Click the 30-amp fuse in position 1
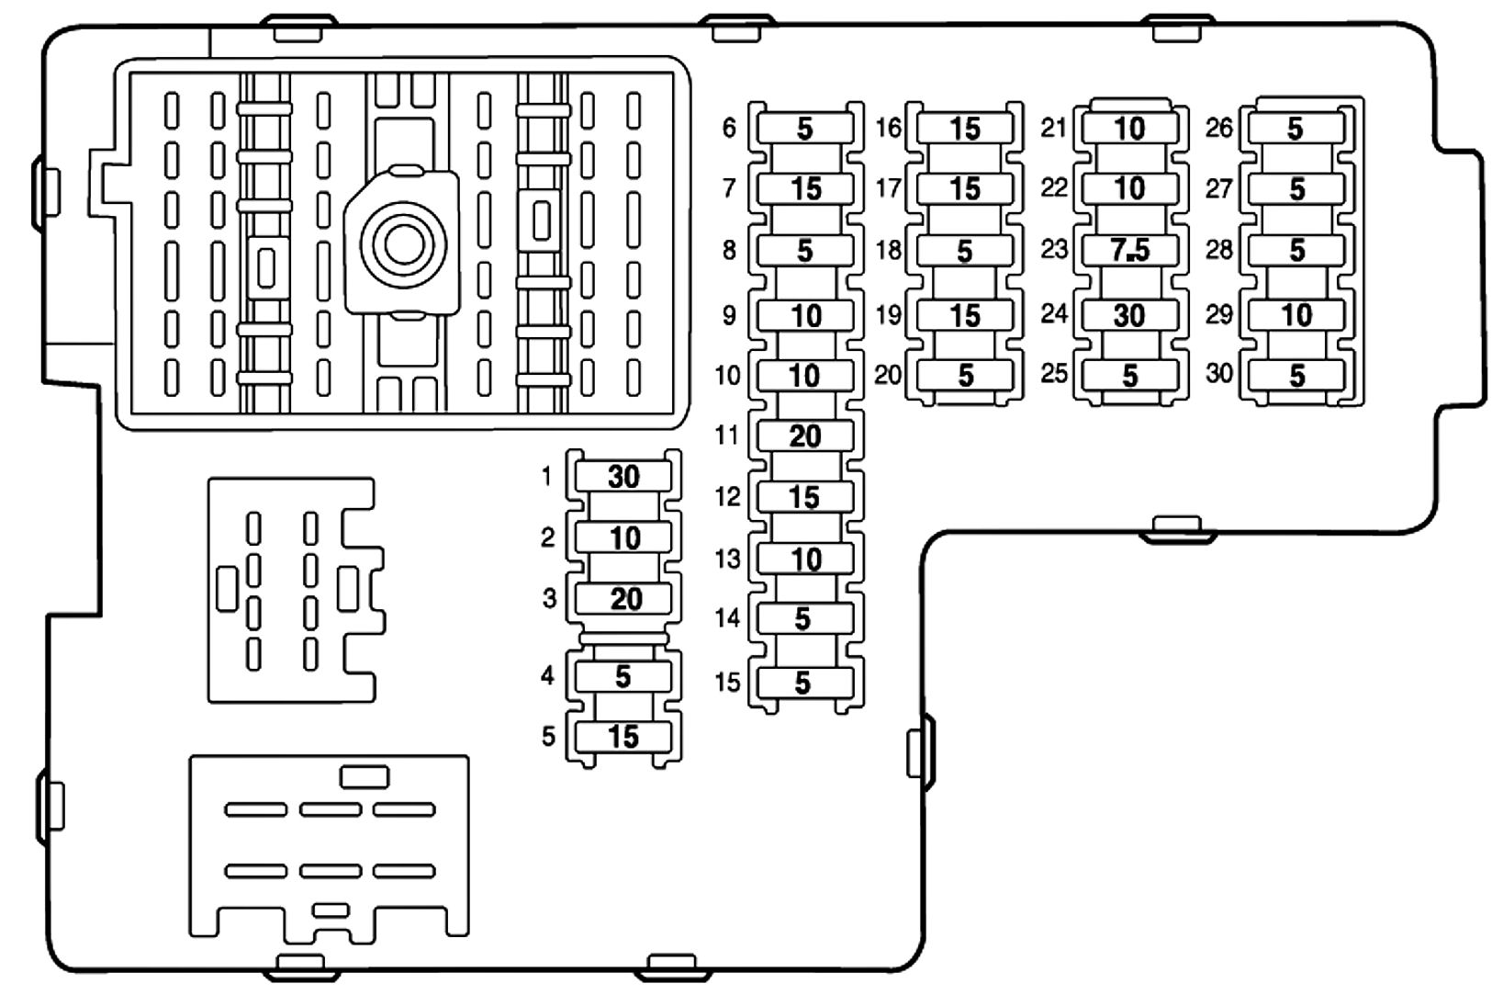click(x=623, y=477)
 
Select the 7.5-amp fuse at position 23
click(x=1129, y=250)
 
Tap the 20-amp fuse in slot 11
click(x=805, y=435)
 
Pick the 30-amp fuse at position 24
click(x=1129, y=315)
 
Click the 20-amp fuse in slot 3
click(x=623, y=599)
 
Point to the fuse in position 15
click(x=805, y=683)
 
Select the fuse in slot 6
click(x=805, y=128)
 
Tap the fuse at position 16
click(x=965, y=128)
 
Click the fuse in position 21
click(x=1129, y=128)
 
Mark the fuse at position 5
click(x=623, y=737)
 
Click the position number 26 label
click(x=1218, y=128)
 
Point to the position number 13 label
click(x=727, y=559)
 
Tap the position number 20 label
click(x=888, y=375)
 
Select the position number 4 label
click(x=548, y=676)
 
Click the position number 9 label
click(x=729, y=315)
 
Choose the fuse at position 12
click(x=805, y=497)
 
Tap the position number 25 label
click(x=1054, y=373)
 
